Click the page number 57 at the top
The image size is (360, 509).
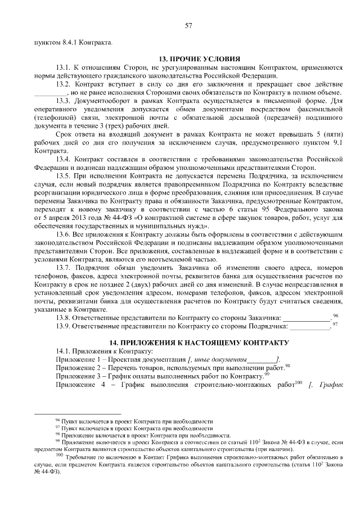188,25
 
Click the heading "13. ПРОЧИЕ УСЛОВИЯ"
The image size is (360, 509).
199,58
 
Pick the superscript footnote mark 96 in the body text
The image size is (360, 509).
335,316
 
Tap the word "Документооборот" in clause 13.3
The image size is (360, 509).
101,101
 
